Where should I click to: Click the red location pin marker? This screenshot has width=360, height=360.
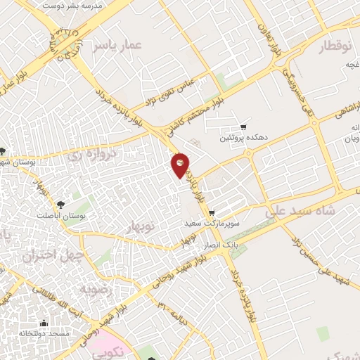coord(180,165)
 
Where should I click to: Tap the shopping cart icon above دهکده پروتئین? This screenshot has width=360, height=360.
coord(243,127)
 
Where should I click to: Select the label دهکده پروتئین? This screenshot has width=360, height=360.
coord(243,139)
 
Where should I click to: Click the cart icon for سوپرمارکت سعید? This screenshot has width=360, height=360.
coord(211,213)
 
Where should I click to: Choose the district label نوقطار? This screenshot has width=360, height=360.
coord(334,48)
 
